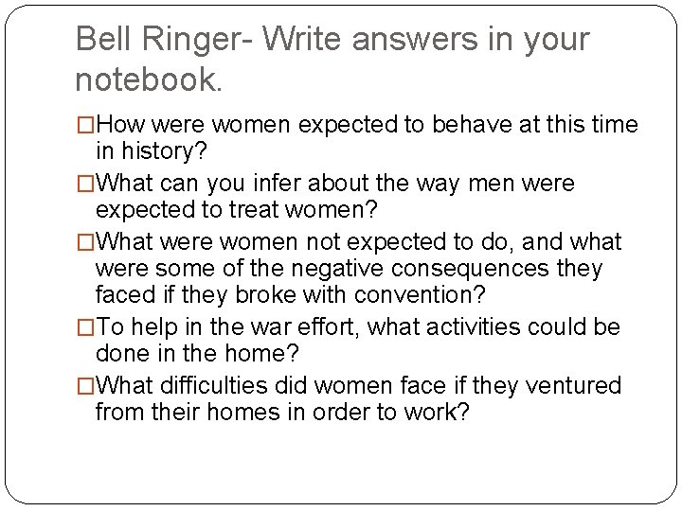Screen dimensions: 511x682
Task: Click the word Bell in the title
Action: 102,40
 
